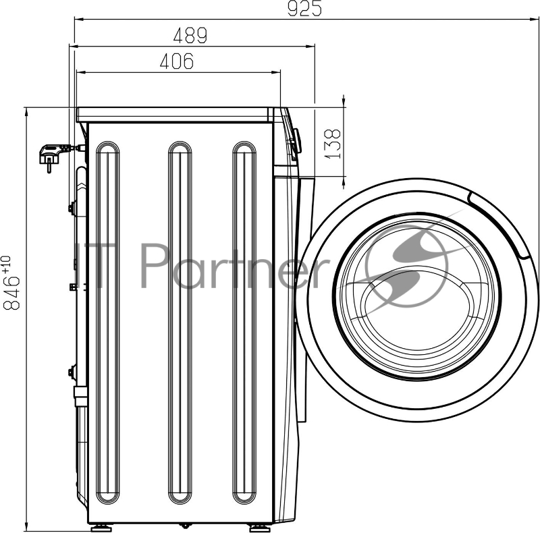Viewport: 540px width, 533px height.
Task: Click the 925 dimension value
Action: pos(304,8)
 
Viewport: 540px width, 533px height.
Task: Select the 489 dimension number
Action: pos(190,35)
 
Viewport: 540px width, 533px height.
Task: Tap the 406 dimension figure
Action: pos(177,61)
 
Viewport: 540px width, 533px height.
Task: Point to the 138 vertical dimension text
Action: pos(333,144)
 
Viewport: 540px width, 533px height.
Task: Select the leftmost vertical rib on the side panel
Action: pos(108,322)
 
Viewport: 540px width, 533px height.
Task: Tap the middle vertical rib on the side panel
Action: pos(180,322)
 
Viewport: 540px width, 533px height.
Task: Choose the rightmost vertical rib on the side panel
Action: pos(244,322)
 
